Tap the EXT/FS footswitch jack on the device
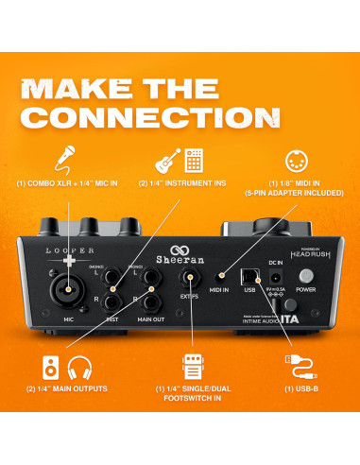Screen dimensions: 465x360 click(188, 279)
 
